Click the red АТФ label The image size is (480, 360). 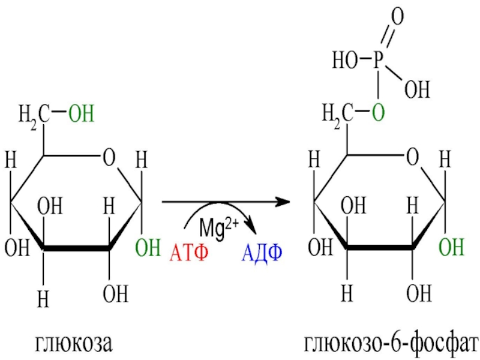[x=189, y=251]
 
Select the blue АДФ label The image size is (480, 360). [x=262, y=251]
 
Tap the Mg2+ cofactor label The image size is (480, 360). [x=220, y=229]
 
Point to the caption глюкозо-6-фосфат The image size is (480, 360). [x=391, y=344]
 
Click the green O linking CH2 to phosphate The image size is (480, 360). [x=377, y=113]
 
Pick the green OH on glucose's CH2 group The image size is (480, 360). [x=82, y=113]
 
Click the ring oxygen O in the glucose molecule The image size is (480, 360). [x=109, y=158]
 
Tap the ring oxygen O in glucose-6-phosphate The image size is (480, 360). [x=412, y=158]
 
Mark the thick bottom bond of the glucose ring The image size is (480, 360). [x=77, y=247]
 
